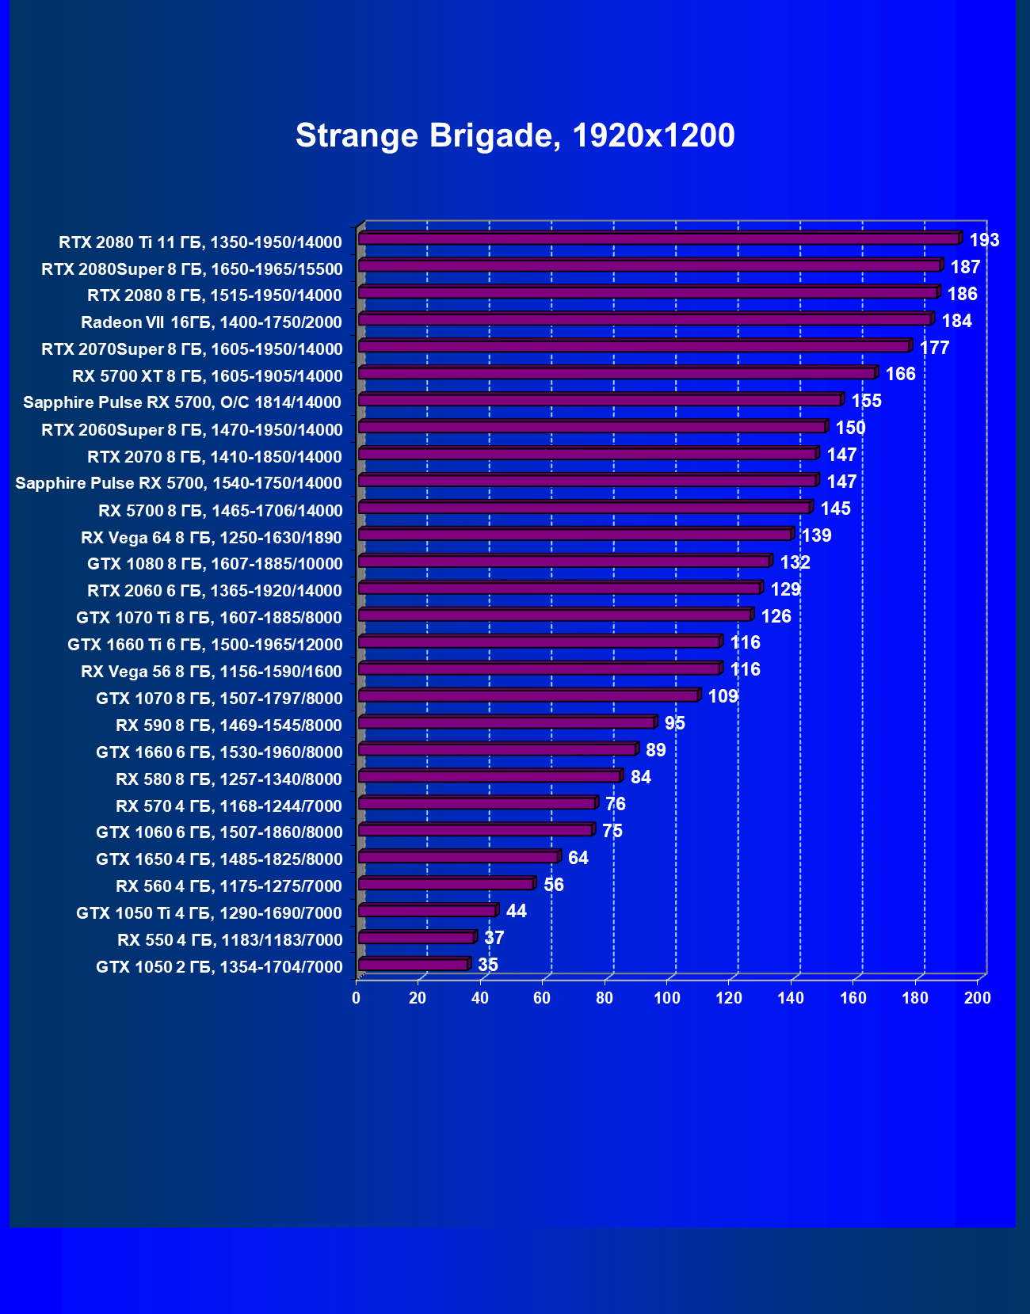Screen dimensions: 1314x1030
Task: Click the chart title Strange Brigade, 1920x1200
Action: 515,135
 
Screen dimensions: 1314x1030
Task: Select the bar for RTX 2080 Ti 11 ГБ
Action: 658,238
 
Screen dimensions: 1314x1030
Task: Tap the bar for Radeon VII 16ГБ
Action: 644,319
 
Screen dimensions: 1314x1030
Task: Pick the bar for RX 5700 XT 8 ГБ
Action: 616,373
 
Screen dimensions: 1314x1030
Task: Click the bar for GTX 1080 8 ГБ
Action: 564,562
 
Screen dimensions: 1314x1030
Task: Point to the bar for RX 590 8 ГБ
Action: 506,722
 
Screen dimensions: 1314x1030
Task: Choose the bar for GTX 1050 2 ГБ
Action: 413,965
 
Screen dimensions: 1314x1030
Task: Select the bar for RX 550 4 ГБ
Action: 416,938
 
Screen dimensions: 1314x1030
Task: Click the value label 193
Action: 984,240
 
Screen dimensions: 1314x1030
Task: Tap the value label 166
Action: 900,374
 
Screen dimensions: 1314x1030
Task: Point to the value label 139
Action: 816,535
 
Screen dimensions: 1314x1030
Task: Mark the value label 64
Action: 578,858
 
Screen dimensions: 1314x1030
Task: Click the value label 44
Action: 517,911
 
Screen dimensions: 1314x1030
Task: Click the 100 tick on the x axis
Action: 667,998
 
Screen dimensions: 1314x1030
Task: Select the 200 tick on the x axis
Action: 978,998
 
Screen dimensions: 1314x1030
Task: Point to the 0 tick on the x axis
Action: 357,998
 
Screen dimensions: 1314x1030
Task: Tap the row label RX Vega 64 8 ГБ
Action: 212,538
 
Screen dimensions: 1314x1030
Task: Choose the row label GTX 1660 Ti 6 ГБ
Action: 205,645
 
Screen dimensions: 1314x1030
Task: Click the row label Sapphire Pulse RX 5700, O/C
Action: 182,402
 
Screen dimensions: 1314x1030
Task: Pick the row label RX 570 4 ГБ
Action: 229,806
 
